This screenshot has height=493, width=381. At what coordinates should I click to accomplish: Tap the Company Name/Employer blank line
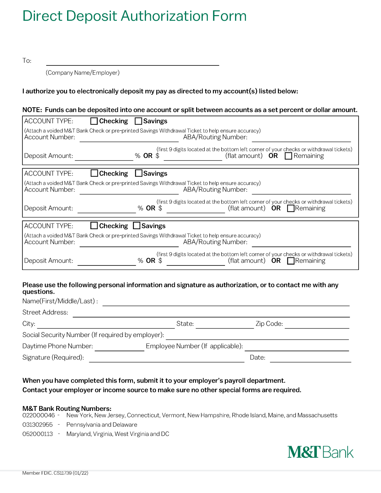132,63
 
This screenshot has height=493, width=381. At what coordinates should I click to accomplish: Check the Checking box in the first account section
94,121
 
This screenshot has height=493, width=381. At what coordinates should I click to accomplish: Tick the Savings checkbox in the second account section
139,173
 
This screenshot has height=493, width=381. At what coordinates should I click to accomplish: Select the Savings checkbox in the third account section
137,226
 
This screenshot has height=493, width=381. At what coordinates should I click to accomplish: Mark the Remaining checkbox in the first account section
289,156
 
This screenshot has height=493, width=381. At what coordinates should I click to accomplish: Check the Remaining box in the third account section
291,261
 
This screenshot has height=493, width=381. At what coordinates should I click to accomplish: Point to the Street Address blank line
211,315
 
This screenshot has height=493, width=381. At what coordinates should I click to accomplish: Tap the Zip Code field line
317,326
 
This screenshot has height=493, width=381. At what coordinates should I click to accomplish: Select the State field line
225,326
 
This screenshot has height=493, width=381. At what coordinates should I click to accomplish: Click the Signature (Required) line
167,359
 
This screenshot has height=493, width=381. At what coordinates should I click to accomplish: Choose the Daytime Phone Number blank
119,348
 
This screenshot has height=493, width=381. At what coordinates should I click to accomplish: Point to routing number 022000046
39,415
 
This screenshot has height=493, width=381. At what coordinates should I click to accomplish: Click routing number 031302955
38,425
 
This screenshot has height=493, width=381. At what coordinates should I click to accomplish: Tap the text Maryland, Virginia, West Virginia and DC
117,434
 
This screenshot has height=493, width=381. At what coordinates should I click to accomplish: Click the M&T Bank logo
320,452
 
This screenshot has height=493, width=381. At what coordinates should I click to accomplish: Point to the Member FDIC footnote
55,473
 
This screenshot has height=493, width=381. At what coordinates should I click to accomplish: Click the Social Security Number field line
257,337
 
